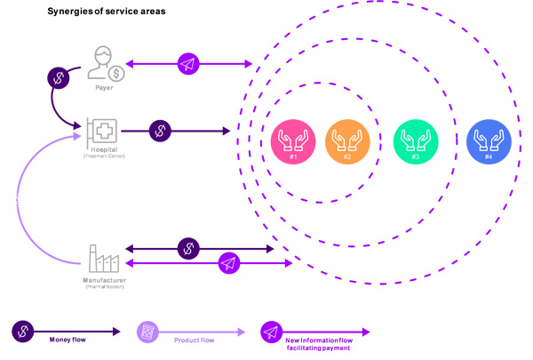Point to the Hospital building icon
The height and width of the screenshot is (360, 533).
pos(103,132)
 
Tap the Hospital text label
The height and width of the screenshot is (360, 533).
pos(105,151)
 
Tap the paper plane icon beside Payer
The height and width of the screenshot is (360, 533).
pos(188,64)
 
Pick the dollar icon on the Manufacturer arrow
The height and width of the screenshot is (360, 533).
pos(188,248)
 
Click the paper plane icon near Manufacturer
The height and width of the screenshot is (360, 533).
pos(228,262)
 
